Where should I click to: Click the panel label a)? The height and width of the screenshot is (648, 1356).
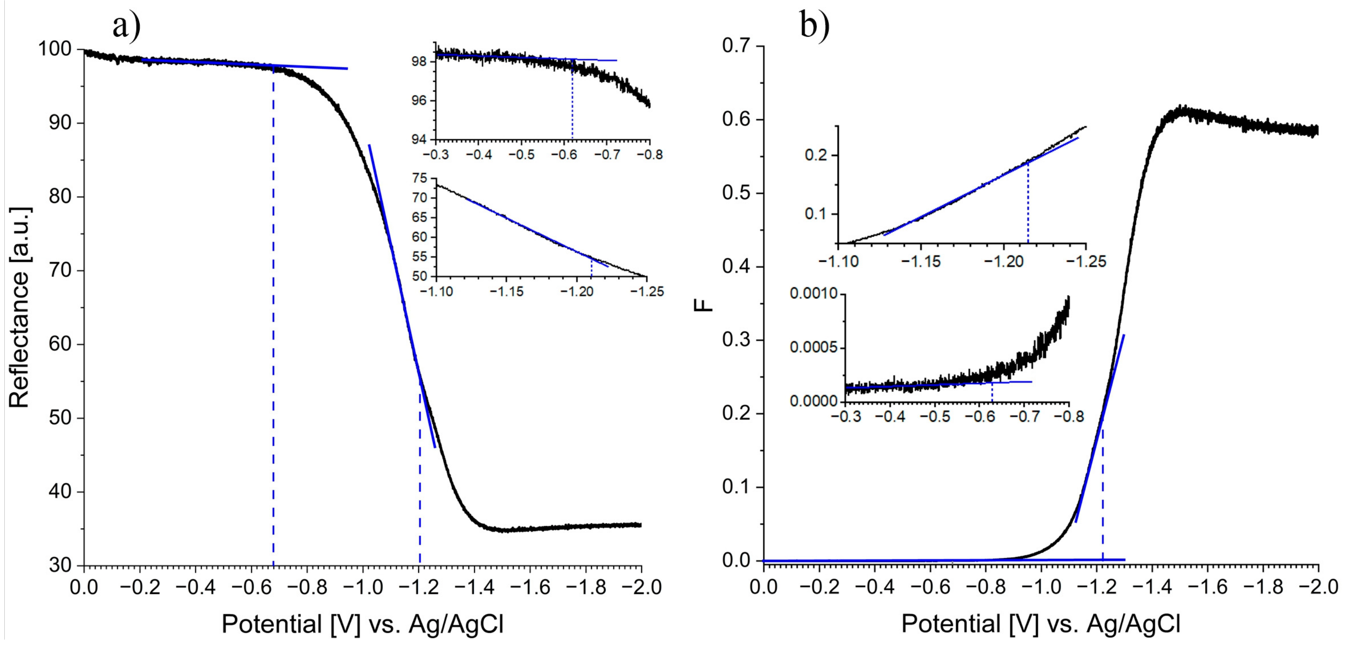126,26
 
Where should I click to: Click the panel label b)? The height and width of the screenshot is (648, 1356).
814,26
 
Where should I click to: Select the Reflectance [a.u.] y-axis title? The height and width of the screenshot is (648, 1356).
20,307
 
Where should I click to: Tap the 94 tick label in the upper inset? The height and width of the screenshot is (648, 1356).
420,140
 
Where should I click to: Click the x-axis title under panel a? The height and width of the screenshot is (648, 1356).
363,624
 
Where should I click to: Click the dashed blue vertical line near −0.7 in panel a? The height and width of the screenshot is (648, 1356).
273,316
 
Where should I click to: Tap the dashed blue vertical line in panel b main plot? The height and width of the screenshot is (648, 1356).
1102,494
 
